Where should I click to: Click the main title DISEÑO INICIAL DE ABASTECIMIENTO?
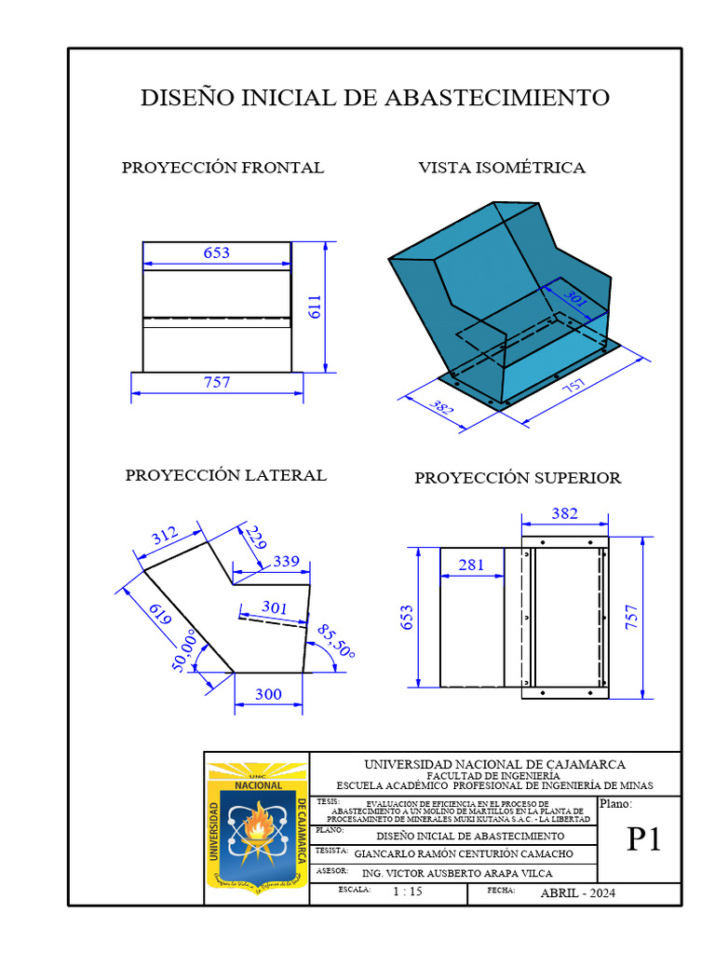pyautogui.click(x=375, y=98)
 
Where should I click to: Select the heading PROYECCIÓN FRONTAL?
pyautogui.click(x=223, y=168)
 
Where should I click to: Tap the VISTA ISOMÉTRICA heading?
pyautogui.click(x=502, y=168)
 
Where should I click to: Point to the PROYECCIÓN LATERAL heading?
pyautogui.click(x=226, y=475)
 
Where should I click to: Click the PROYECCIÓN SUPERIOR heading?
pyautogui.click(x=518, y=478)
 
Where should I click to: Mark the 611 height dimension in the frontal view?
pyautogui.click(x=314, y=307)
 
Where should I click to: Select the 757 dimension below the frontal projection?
pyautogui.click(x=216, y=382)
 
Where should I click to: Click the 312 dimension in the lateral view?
pyautogui.click(x=165, y=537)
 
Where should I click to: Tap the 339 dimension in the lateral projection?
pyautogui.click(x=286, y=562)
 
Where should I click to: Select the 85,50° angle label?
pyautogui.click(x=335, y=640)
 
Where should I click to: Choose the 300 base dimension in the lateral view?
pyautogui.click(x=268, y=695)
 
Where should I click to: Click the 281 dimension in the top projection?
pyautogui.click(x=472, y=565)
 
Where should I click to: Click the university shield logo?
pyautogui.click(x=256, y=825)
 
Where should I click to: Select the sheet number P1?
pyautogui.click(x=643, y=839)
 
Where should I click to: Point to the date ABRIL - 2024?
pyautogui.click(x=577, y=893)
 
